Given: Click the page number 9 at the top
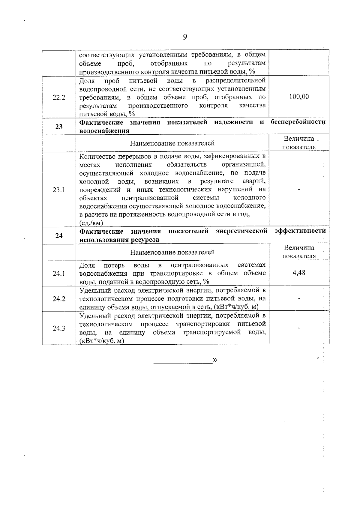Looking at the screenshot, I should click(185, 37).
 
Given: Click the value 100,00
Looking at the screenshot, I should click(299, 97).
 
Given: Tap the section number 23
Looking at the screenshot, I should click(59, 127).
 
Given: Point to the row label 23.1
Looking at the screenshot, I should click(59, 190).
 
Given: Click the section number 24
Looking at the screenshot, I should click(59, 236).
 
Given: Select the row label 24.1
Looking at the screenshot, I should click(59, 274).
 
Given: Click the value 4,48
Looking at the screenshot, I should click(299, 273).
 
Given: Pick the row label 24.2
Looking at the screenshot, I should click(59, 299).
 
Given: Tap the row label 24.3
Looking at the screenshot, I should click(59, 328).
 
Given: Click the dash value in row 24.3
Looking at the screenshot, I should click(299, 328).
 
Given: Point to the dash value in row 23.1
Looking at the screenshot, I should click(299, 189).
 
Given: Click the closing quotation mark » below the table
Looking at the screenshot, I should click(215, 360).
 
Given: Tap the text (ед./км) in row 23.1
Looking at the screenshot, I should click(91, 223).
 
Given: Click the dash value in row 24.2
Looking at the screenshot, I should click(299, 298).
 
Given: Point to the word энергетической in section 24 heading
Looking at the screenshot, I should click(241, 231).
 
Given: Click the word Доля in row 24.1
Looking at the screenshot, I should click(87, 265).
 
